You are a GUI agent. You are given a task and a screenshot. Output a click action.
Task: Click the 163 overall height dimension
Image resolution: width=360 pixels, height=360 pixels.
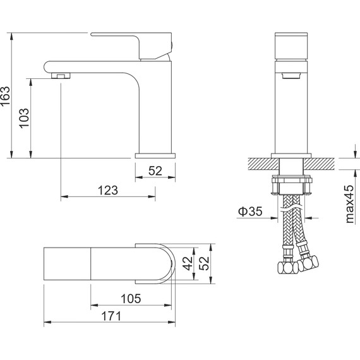point(5,96)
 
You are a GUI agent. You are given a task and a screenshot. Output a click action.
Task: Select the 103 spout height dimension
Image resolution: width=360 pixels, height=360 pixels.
point(24,118)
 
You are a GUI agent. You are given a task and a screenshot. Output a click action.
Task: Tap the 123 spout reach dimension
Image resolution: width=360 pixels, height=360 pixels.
point(108,190)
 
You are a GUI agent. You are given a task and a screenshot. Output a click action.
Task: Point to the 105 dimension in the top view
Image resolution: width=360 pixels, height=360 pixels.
point(131,299)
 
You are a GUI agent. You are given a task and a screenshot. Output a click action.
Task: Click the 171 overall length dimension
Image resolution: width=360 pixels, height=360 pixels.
point(111,316)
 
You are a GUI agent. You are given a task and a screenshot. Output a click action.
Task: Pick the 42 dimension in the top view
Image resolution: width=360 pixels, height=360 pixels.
point(188,263)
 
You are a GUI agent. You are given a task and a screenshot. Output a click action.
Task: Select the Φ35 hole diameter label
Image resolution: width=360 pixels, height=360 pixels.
point(250,211)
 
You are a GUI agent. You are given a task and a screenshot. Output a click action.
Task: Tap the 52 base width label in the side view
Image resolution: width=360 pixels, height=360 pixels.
point(155,171)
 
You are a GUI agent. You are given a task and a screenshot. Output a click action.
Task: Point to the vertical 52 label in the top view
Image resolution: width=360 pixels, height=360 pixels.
point(204,263)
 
